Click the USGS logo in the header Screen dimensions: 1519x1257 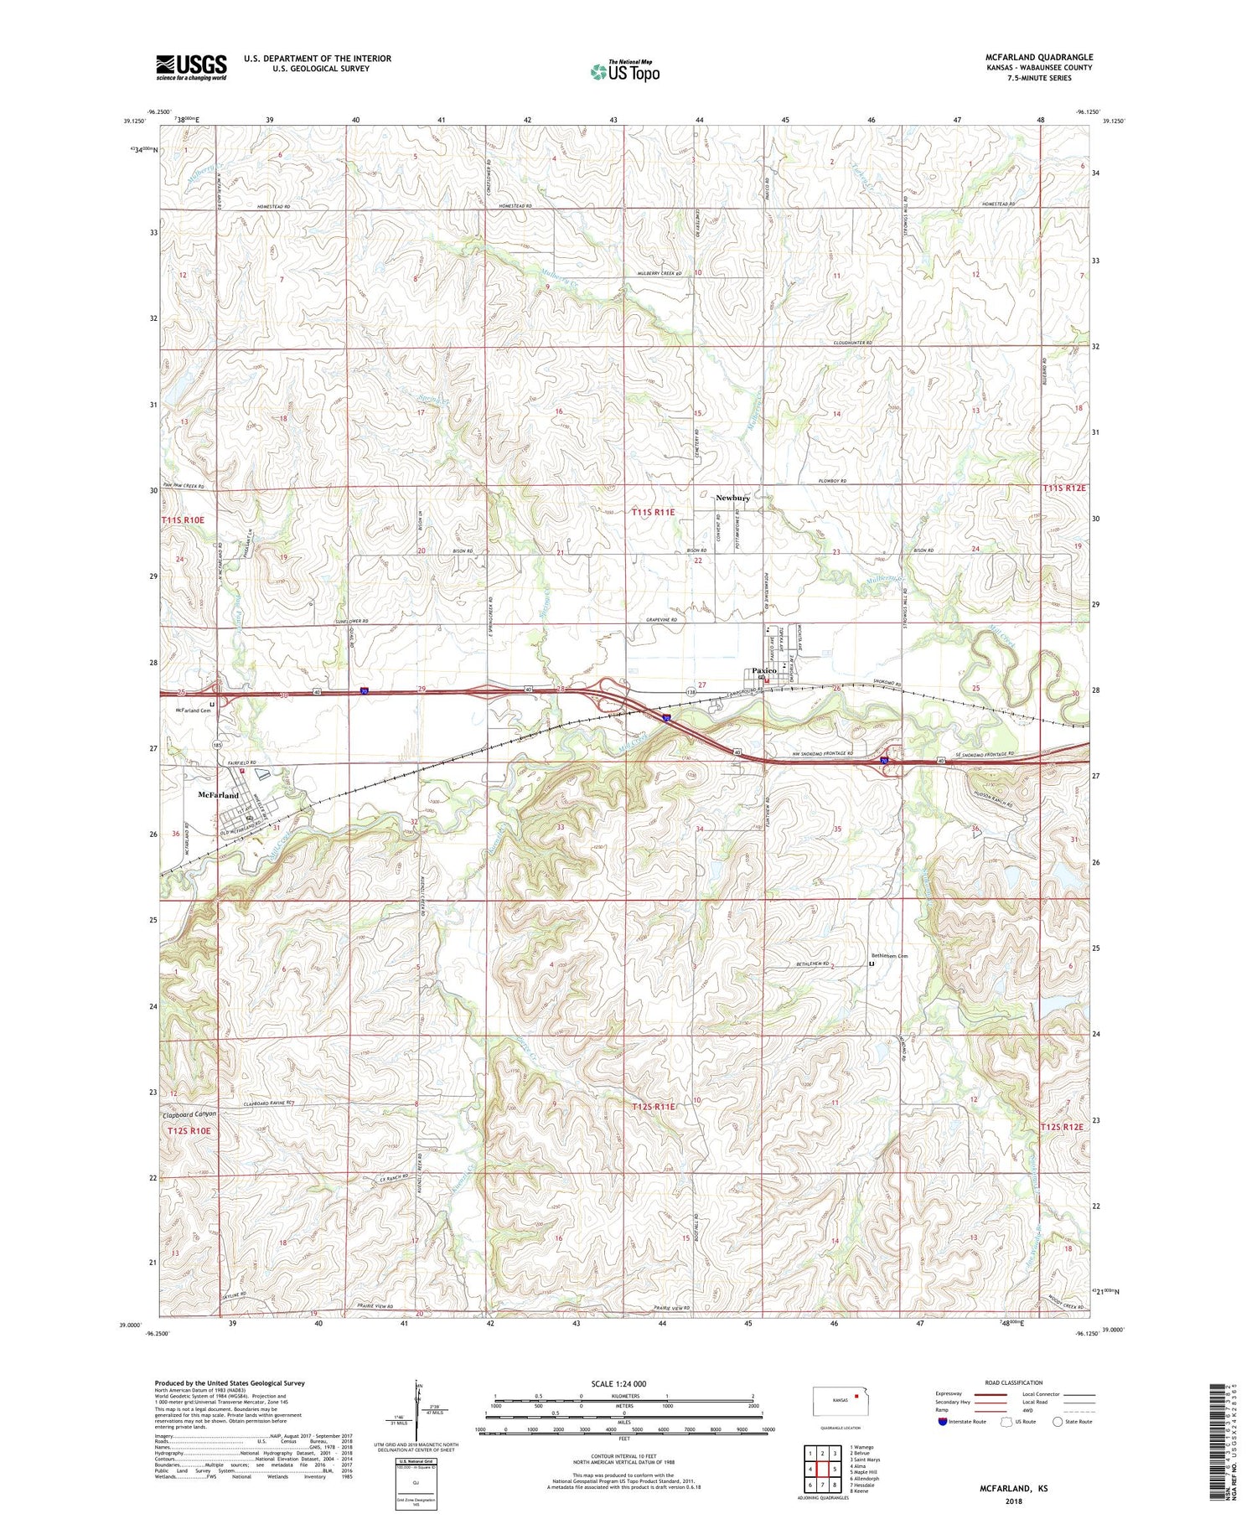click(x=191, y=67)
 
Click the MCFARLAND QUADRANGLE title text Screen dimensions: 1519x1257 click(x=1039, y=57)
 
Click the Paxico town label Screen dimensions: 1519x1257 click(x=764, y=671)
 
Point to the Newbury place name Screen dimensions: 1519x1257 click(x=732, y=498)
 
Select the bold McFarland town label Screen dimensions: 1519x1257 click(x=218, y=795)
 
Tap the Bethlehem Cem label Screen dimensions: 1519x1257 click(x=889, y=956)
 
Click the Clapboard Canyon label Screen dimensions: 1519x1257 click(x=189, y=1113)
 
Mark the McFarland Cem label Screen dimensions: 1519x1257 click(x=193, y=710)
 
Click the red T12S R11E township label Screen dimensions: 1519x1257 click(x=652, y=1107)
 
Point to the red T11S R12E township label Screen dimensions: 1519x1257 click(x=1064, y=488)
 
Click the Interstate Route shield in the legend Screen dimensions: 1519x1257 click(x=944, y=1422)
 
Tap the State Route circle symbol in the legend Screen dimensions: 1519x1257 click(x=1058, y=1422)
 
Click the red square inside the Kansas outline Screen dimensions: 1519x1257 click(x=856, y=1396)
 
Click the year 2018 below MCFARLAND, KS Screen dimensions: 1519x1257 click(x=1012, y=1501)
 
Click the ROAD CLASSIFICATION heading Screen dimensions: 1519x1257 click(x=1014, y=1382)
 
